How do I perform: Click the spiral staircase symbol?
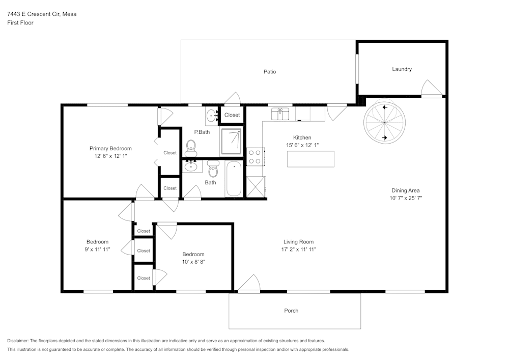[384, 122]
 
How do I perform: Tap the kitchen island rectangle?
[310, 159]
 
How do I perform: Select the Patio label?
[270, 72]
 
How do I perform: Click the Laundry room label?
[402, 69]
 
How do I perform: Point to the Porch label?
[291, 311]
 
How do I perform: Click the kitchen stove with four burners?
[254, 156]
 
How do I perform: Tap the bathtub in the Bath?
[234, 179]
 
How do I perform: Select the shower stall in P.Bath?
[231, 142]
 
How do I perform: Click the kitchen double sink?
[280, 114]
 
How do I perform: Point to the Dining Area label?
[405, 190]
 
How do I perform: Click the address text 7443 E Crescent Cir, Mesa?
[42, 14]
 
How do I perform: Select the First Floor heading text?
[20, 23]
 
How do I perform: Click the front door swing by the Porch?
[249, 284]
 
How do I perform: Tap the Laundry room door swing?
[432, 89]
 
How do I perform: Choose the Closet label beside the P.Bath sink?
[232, 115]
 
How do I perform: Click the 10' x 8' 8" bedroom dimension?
[193, 262]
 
